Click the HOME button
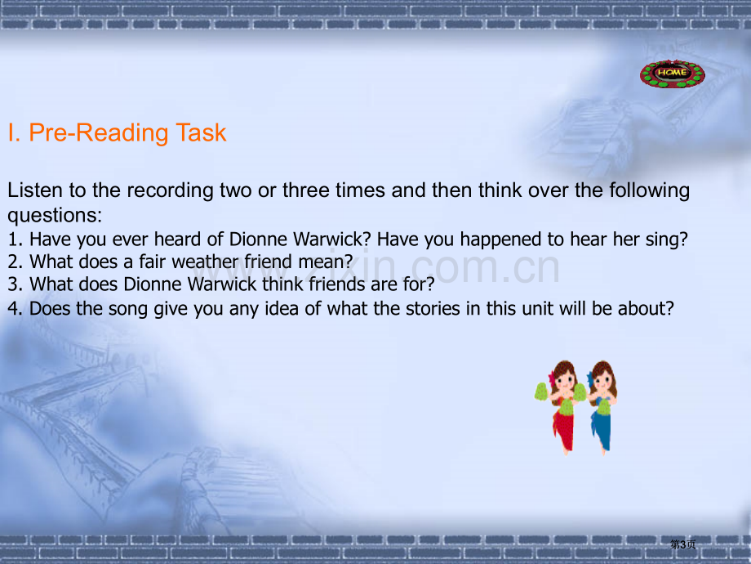(x=672, y=74)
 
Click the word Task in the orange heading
(x=201, y=132)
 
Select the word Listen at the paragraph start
(x=35, y=190)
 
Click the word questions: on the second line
(x=55, y=216)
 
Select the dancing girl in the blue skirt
(x=602, y=407)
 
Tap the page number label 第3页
(x=683, y=544)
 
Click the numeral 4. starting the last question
(x=15, y=308)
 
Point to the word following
(x=650, y=191)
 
